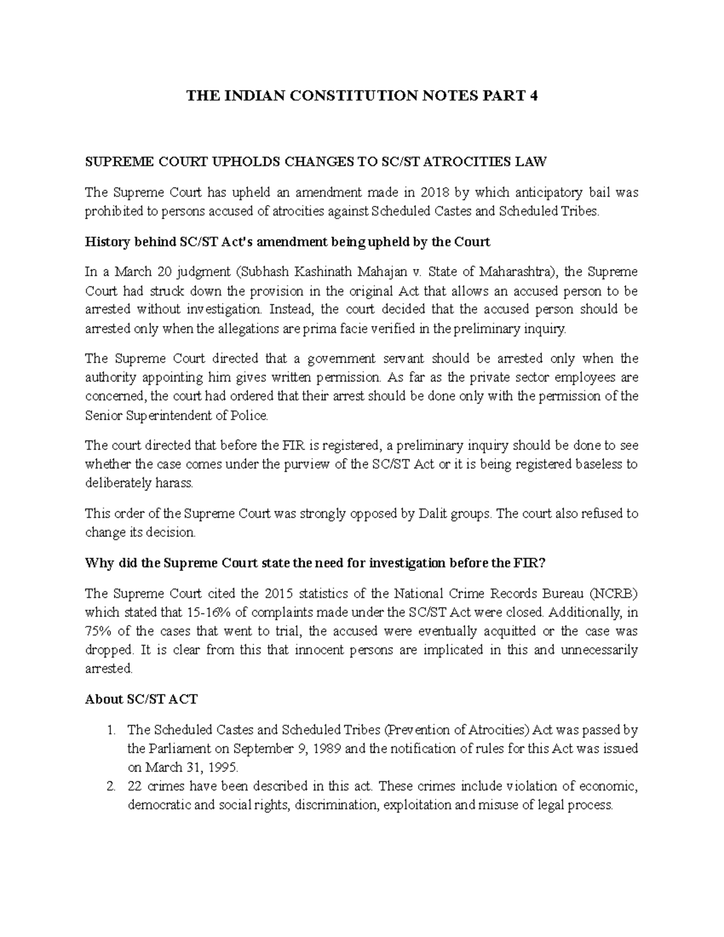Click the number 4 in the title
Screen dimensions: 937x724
pyautogui.click(x=532, y=96)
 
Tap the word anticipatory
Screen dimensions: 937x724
pyautogui.click(x=532, y=193)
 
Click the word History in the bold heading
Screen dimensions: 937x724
pyautogui.click(x=108, y=243)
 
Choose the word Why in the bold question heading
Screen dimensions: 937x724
pyautogui.click(x=99, y=564)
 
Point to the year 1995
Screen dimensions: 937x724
pyautogui.click(x=220, y=768)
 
